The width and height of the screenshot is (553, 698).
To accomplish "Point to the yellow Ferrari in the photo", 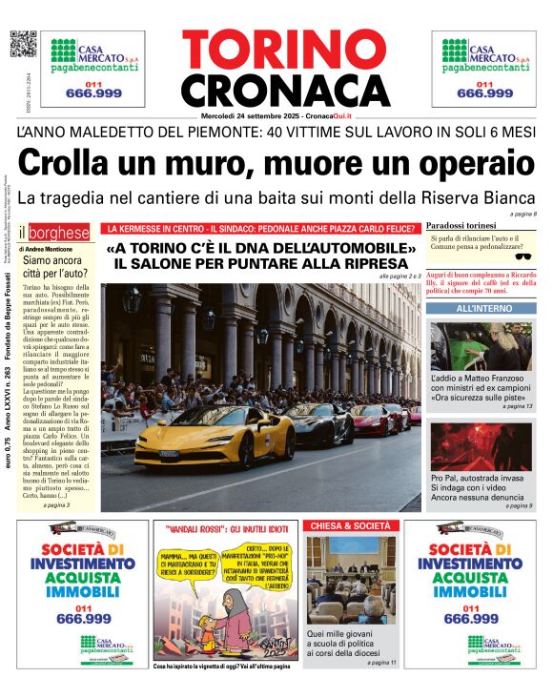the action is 200,447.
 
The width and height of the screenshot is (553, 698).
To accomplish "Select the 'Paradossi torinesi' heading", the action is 462,224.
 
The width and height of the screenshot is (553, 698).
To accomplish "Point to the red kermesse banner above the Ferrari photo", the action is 262,229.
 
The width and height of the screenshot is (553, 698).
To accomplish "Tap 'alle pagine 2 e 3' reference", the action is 399,276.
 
